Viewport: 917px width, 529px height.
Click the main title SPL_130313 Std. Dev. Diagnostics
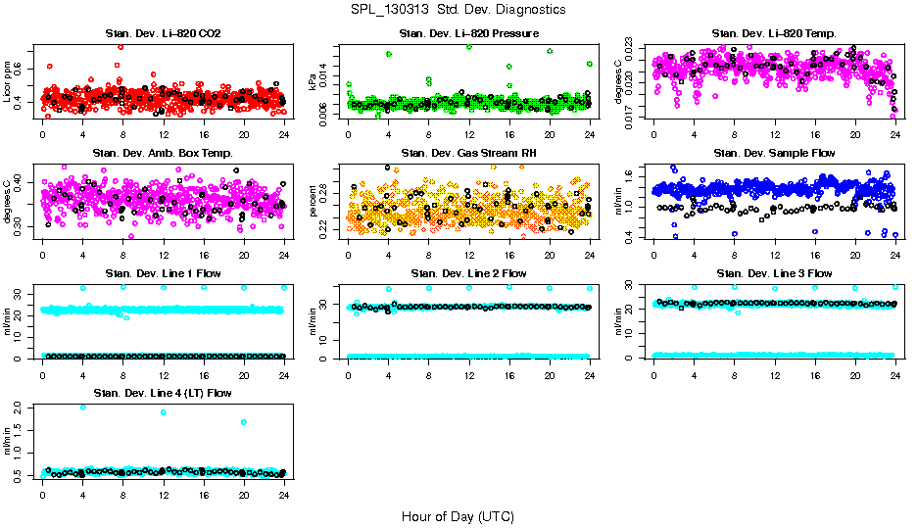point(458,9)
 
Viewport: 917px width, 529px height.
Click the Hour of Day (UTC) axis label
point(458,516)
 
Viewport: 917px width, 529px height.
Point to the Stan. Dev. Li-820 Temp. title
point(774,34)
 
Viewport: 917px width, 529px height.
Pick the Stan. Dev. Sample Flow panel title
point(774,154)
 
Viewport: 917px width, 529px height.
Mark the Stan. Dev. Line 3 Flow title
point(774,273)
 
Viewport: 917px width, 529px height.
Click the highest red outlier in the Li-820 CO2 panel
point(121,46)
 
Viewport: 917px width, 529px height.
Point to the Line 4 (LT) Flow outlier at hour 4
point(82,407)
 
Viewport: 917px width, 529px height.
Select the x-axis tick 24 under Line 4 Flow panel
point(283,495)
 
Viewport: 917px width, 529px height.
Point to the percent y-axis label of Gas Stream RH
point(314,202)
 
